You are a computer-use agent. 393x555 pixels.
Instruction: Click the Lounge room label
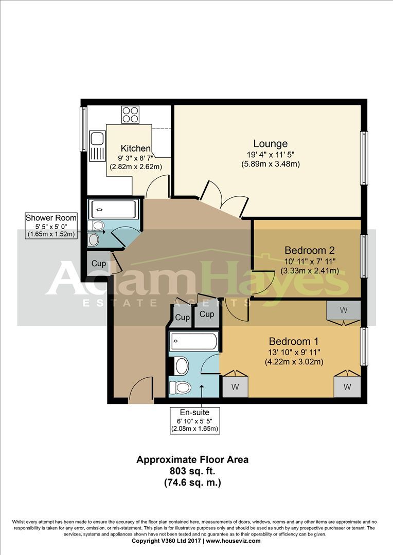(x=271, y=144)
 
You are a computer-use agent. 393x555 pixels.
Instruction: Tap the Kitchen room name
(x=136, y=148)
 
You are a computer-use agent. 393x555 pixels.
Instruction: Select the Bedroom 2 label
(x=310, y=250)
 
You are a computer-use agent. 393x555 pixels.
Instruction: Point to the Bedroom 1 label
(x=294, y=341)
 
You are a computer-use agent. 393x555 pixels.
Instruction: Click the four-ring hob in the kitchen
(x=130, y=115)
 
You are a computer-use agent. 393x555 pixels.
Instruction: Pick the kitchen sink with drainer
(x=97, y=146)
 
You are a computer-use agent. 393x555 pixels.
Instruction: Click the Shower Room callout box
(x=51, y=226)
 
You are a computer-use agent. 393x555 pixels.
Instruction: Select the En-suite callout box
(x=194, y=420)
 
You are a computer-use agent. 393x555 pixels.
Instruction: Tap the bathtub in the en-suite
(x=193, y=342)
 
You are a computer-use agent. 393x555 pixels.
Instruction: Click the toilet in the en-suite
(x=181, y=387)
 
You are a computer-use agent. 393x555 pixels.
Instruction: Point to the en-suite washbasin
(x=182, y=366)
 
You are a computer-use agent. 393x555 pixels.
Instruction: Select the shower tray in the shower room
(x=113, y=209)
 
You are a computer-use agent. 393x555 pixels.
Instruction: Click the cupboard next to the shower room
(x=99, y=263)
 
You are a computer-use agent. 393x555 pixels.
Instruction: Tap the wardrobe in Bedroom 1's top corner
(x=344, y=310)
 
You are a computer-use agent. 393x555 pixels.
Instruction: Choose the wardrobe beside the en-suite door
(x=235, y=386)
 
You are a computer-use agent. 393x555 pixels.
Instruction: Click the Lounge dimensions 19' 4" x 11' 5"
(x=271, y=154)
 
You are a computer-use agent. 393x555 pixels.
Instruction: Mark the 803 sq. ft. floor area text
(x=192, y=471)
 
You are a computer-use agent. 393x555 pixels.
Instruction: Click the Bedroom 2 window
(x=364, y=256)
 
